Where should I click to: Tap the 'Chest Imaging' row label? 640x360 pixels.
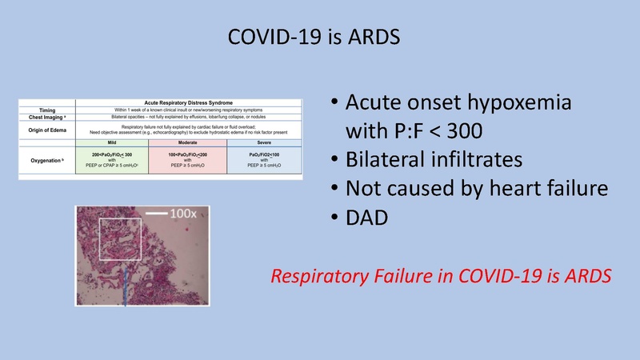coord(46,117)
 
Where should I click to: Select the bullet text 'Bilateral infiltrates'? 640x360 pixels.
coord(435,159)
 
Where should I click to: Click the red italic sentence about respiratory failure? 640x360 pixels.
coord(441,277)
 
